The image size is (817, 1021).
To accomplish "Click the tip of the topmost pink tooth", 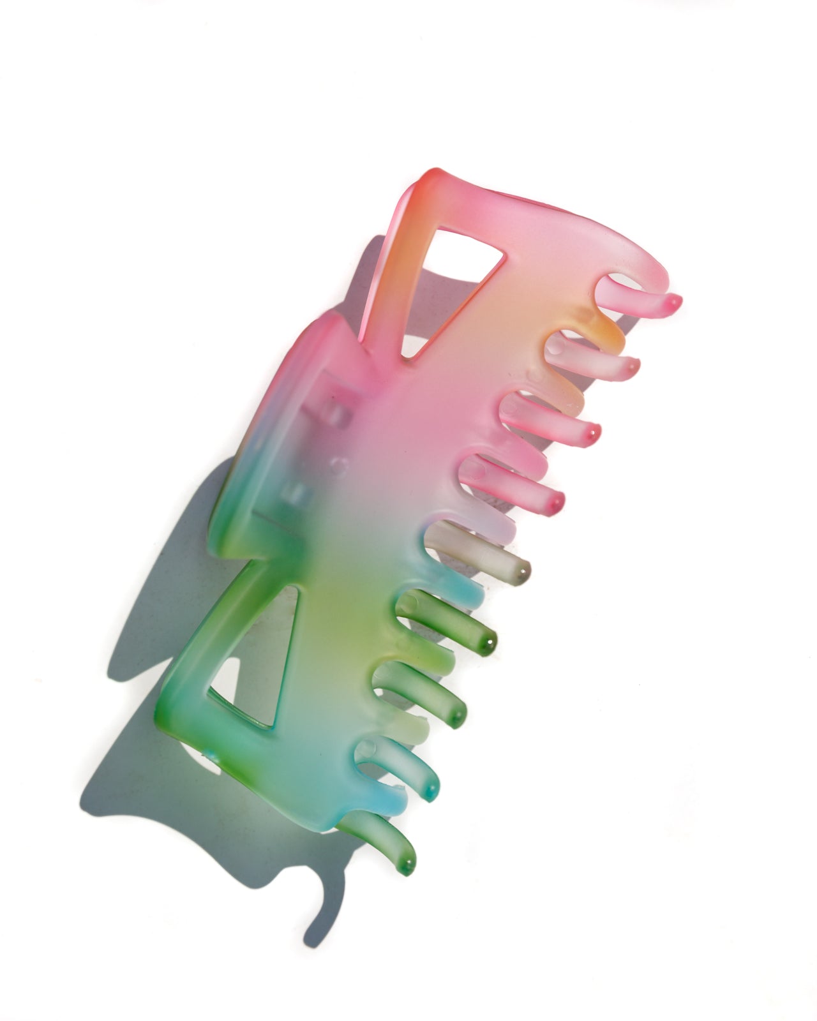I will click(x=673, y=303).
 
